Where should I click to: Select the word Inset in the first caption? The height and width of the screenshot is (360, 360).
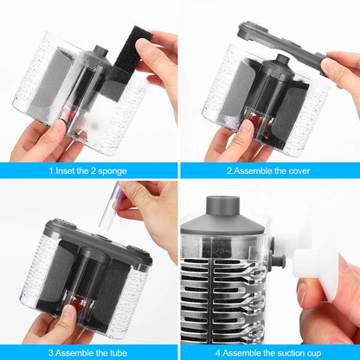tap(67, 171)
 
